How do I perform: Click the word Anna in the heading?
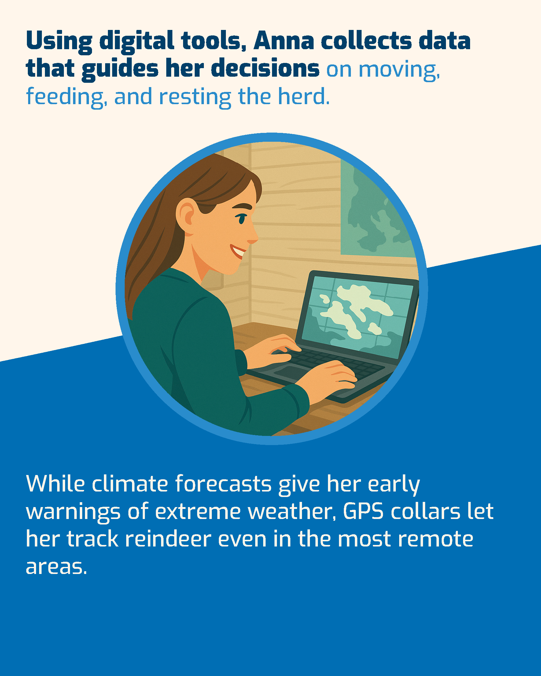pos(284,41)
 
